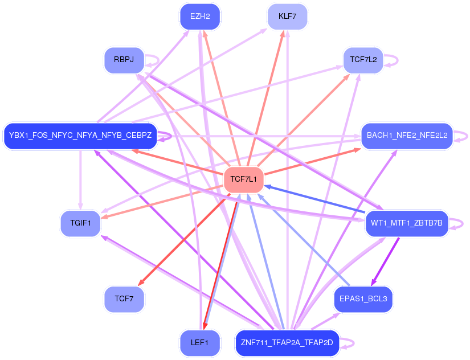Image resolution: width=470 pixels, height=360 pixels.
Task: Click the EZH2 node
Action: (x=200, y=17)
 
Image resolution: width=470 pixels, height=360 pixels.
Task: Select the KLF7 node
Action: (x=288, y=17)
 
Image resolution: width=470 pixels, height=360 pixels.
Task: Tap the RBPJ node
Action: (x=124, y=60)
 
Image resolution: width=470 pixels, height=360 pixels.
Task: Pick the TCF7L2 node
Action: (x=363, y=60)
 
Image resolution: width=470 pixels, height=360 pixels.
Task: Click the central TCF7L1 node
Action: (x=244, y=179)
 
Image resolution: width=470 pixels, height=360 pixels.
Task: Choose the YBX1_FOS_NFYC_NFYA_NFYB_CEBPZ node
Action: (x=80, y=136)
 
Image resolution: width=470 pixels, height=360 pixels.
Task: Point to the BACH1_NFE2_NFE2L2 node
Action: (x=407, y=136)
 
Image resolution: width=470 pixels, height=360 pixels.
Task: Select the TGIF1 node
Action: (x=81, y=223)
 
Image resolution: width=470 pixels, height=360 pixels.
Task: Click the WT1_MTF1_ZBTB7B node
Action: (x=407, y=223)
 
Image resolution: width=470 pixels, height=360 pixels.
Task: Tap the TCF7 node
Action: (x=124, y=299)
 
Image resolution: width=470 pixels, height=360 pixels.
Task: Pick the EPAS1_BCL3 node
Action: (x=363, y=299)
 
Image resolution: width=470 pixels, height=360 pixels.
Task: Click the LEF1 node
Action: (x=200, y=342)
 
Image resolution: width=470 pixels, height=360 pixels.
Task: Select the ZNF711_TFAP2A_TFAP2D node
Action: (x=287, y=342)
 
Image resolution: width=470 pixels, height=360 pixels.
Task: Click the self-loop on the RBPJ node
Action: (x=152, y=60)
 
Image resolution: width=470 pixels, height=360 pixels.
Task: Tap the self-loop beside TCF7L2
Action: (x=391, y=60)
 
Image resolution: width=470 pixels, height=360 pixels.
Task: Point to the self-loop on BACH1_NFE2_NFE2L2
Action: (x=461, y=136)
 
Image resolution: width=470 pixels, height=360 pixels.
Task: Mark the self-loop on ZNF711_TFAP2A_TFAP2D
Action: (x=348, y=343)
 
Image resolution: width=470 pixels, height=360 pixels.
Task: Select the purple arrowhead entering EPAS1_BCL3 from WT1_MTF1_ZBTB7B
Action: (x=374, y=283)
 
